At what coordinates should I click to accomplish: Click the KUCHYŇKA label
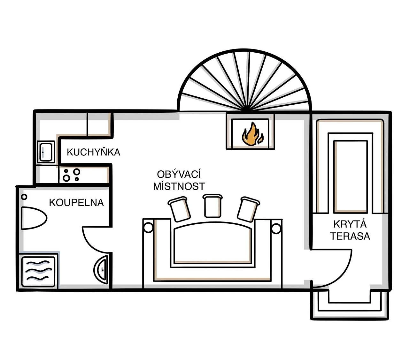pyautogui.click(x=93, y=152)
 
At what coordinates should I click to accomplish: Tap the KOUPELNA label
pyautogui.click(x=76, y=203)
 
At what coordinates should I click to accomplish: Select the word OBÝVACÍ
pyautogui.click(x=179, y=174)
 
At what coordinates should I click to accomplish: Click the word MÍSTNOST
pyautogui.click(x=179, y=186)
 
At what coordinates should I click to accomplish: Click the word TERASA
pyautogui.click(x=350, y=236)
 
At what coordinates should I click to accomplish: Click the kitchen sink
pyautogui.click(x=46, y=152)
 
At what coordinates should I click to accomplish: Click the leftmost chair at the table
pyautogui.click(x=180, y=209)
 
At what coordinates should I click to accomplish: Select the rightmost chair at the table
pyautogui.click(x=248, y=209)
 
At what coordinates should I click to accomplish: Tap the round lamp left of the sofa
pyautogui.click(x=148, y=228)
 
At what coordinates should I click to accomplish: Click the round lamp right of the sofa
pyautogui.click(x=276, y=228)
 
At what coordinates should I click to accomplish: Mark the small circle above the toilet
pyautogui.click(x=24, y=197)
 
